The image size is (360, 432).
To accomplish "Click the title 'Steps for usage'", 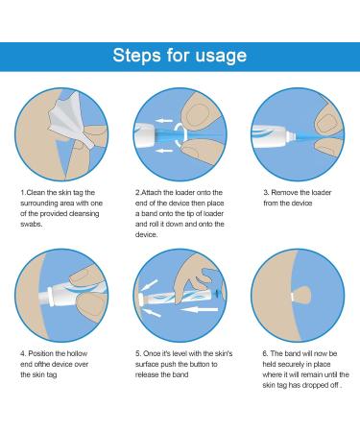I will tap(180, 54).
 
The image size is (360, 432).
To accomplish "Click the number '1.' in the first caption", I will tap(24, 192).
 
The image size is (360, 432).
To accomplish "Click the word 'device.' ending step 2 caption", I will tap(147, 233).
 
